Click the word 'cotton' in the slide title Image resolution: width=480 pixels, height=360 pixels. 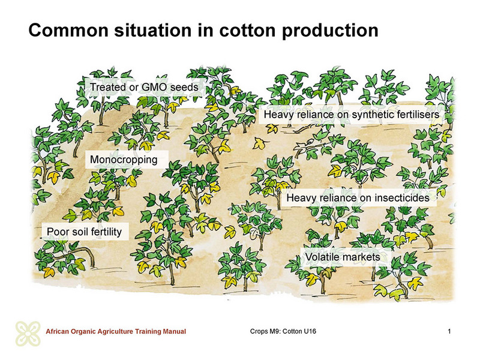tap(247, 31)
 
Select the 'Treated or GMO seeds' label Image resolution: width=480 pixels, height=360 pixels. tap(144, 87)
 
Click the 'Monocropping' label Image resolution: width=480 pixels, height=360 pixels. tap(124, 160)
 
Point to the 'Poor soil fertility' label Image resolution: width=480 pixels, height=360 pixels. tap(84, 232)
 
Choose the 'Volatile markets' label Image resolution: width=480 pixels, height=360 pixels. tap(343, 257)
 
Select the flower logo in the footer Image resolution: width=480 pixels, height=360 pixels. tap(28, 334)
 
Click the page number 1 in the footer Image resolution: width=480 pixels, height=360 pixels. tap(449, 331)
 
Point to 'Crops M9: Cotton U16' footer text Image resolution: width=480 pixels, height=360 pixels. tap(283, 331)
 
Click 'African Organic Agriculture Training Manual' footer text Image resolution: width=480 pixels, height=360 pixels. tap(116, 332)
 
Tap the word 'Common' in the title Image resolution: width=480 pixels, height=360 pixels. tap(68, 31)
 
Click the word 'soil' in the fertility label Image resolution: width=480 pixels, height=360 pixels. tap(80, 232)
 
